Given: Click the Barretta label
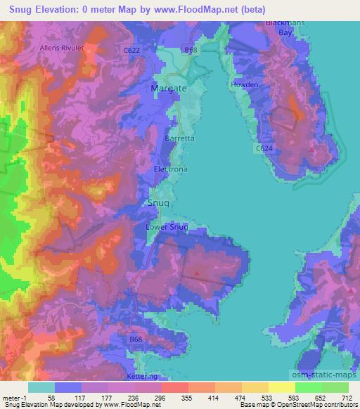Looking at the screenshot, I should (179, 139).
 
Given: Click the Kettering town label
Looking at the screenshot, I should (148, 377).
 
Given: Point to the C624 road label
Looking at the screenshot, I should (263, 149).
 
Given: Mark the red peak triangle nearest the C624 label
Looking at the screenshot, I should (311, 149).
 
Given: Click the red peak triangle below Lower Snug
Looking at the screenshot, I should (196, 272).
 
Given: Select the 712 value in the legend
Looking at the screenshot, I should (347, 397).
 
